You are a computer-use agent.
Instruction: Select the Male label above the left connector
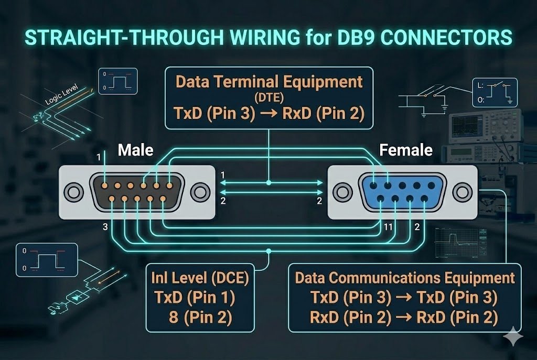135,150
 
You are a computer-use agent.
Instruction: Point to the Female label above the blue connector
405,150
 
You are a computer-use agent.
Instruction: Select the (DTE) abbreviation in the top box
268,98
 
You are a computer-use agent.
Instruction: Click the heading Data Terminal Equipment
268,82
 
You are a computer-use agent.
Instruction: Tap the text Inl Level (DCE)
199,277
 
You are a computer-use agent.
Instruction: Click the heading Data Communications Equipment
405,277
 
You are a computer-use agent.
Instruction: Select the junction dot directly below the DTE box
268,183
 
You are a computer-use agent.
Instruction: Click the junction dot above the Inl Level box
268,252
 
